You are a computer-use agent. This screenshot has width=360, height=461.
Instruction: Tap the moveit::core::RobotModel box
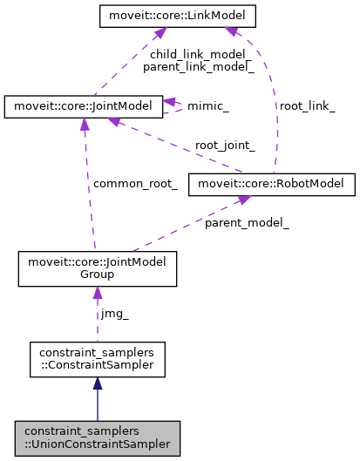275,184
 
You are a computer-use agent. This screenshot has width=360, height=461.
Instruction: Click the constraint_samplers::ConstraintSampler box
98,359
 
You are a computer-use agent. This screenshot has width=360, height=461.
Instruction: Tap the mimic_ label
209,107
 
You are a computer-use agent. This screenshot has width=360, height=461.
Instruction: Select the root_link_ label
306,105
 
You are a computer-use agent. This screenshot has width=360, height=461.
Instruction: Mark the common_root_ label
135,184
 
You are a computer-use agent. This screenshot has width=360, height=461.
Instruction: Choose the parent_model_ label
247,223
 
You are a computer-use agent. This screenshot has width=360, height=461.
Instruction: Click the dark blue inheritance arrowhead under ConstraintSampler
98,383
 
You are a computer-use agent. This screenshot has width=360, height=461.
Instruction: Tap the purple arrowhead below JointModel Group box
98,294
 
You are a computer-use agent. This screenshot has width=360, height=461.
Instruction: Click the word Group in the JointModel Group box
98,275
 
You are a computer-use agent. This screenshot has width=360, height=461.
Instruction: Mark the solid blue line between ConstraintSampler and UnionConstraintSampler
98,405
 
